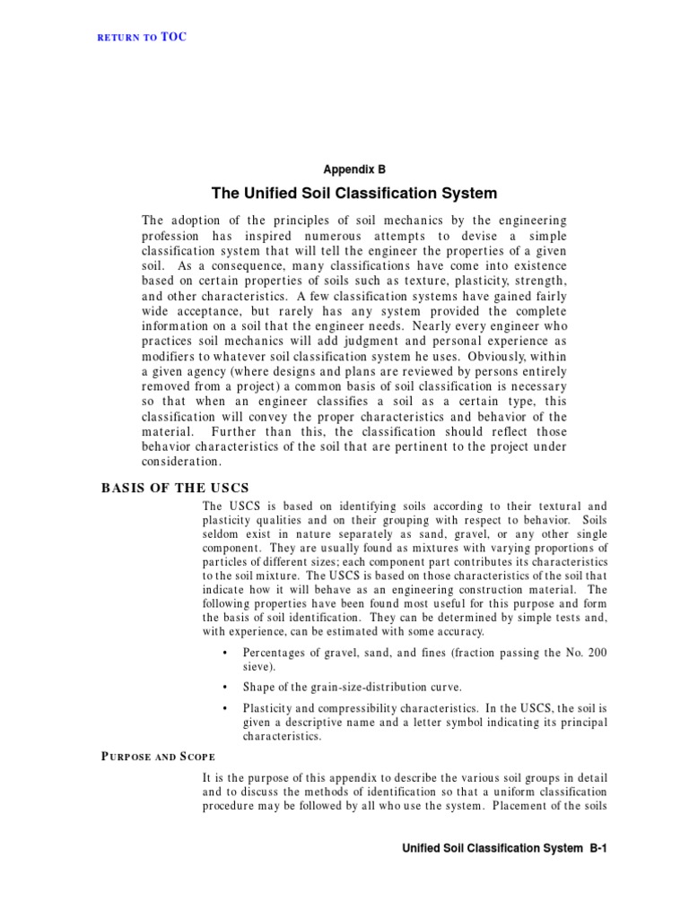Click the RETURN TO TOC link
coord(142,37)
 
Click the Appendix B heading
coord(354,168)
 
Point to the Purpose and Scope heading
coord(156,756)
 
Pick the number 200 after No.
coord(596,653)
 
